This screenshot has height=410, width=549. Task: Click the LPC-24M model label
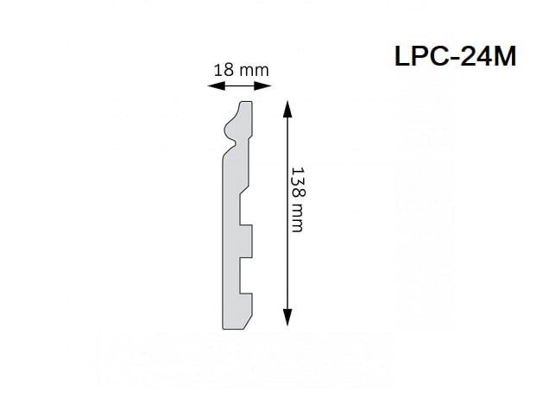(x=455, y=56)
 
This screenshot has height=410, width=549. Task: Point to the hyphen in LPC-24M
(x=454, y=59)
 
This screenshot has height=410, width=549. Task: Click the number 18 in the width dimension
(x=224, y=70)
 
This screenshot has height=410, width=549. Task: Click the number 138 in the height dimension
(x=299, y=182)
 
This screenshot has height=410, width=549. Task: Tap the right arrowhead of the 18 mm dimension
(x=262, y=85)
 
